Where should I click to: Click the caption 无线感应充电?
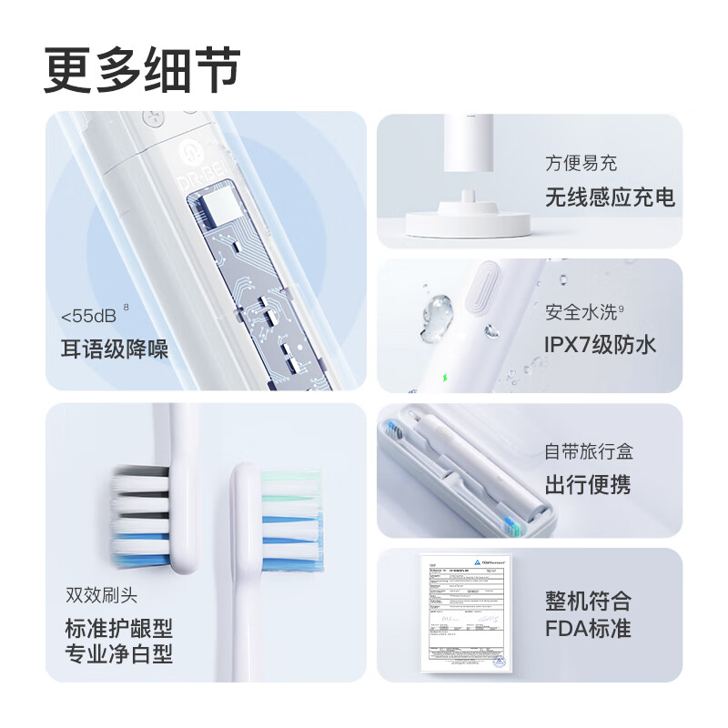[x=610, y=197]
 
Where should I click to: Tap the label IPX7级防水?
[x=600, y=345]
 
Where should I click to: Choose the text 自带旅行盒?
[x=589, y=450]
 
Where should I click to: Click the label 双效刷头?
[x=101, y=596]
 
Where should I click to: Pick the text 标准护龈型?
[x=118, y=628]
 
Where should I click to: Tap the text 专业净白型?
[x=118, y=653]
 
